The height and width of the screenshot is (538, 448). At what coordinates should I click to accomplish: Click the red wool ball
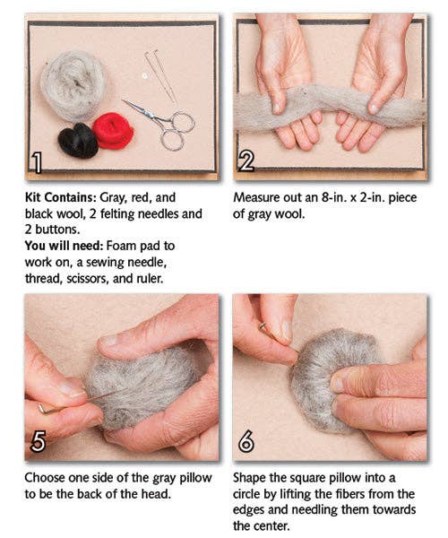[113, 131]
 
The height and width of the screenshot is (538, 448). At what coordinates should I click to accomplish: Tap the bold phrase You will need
[65, 246]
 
